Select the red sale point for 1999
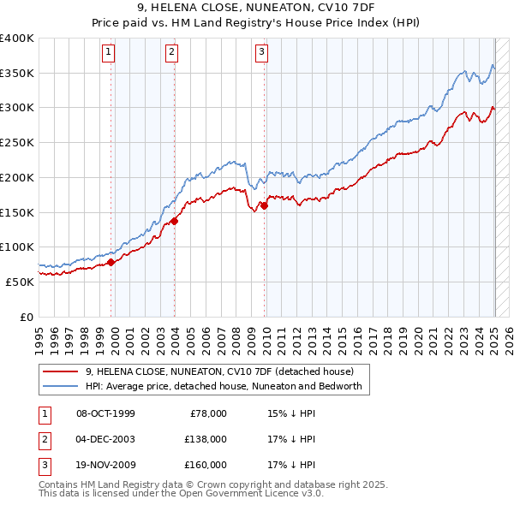111,263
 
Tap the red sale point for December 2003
175,221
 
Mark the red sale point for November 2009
265,205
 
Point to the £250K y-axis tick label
16,142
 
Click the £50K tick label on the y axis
20,282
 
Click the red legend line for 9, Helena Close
61,372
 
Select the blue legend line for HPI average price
61,387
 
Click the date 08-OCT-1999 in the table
105,413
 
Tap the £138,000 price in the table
206,439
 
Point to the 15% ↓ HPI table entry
291,413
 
